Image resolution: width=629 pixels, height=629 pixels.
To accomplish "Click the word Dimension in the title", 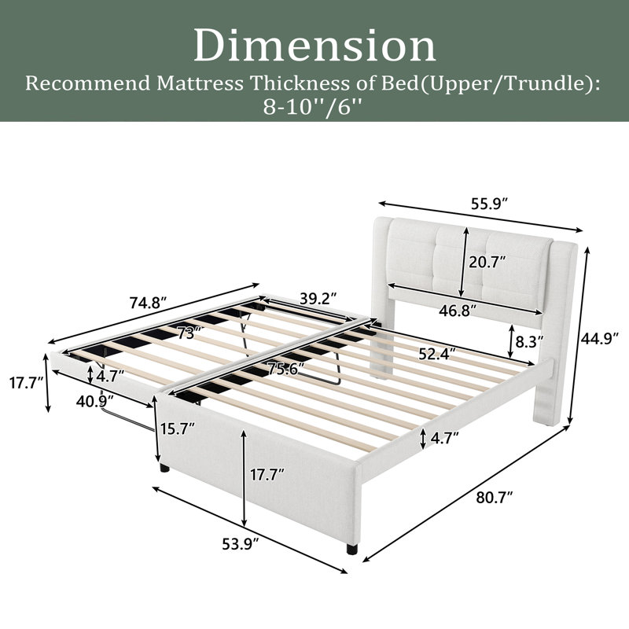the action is [x=315, y=46].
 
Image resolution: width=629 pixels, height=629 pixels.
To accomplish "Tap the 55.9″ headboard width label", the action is [x=490, y=204].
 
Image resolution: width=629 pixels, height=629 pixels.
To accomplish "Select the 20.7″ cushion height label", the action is [x=487, y=263].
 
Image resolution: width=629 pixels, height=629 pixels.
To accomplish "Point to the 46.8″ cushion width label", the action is [x=458, y=310].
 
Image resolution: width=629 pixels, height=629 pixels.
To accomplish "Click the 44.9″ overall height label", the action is [x=600, y=339].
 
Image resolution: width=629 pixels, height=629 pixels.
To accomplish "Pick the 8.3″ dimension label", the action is [x=529, y=341].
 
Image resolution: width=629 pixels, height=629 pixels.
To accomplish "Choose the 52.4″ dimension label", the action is [x=437, y=354].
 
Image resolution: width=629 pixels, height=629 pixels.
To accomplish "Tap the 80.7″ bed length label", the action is [x=495, y=498].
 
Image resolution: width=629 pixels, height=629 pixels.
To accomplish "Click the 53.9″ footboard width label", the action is [x=241, y=544].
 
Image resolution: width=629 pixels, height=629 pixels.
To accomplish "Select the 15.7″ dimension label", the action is [x=178, y=429].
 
